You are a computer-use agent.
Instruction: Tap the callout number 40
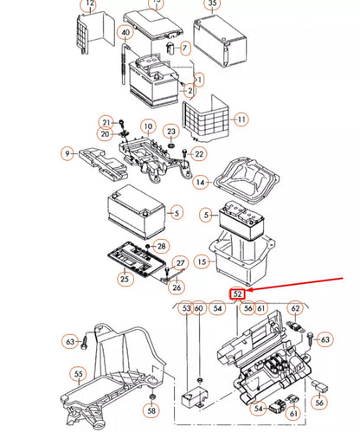pos(125,34)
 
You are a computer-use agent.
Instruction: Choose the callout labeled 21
pos(106,122)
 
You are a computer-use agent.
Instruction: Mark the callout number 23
pos(172,132)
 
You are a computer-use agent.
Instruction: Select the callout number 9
pos(66,155)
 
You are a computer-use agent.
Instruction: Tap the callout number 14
pos(201,183)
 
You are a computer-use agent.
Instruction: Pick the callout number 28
pos(161,248)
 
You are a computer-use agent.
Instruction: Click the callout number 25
pos(125,279)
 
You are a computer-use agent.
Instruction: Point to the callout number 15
pos(201,261)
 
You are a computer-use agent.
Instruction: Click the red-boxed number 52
pos(236,294)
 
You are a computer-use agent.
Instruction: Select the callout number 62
pos(295,307)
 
